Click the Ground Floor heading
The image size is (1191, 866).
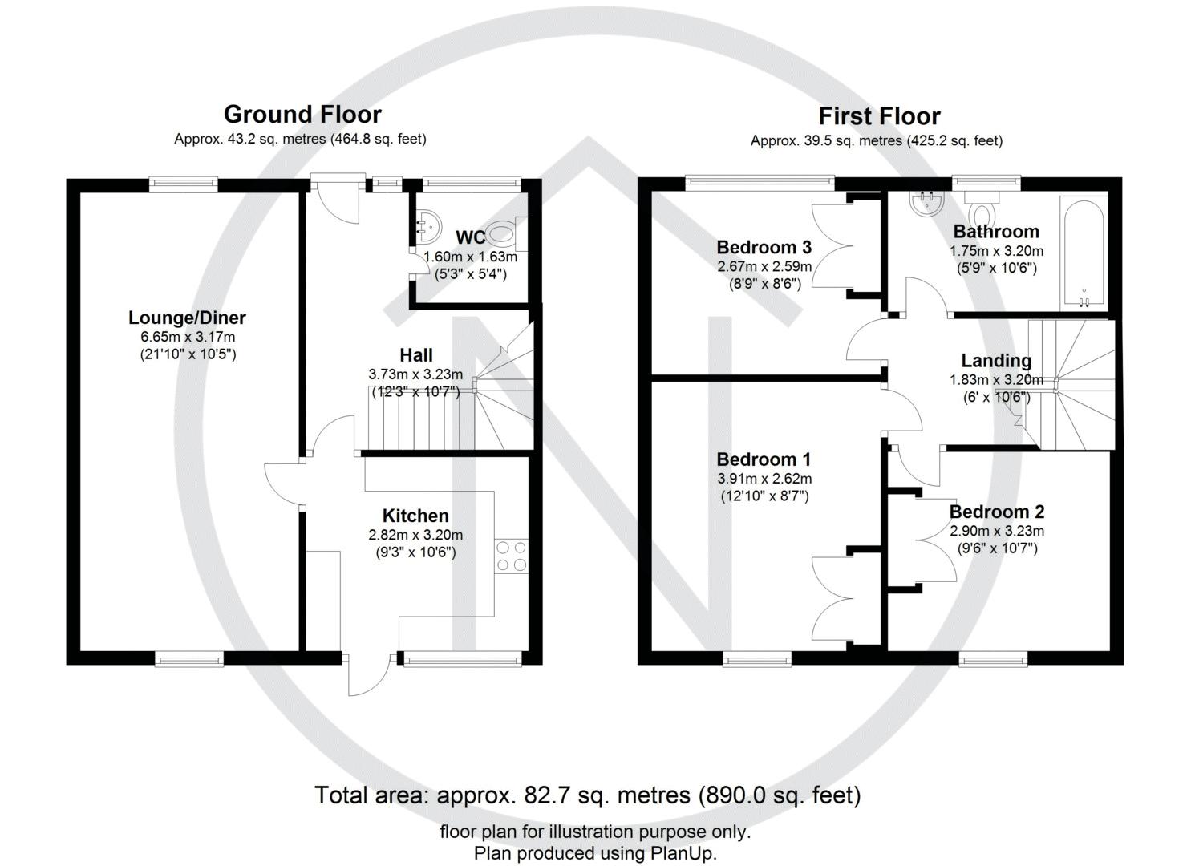point(302,115)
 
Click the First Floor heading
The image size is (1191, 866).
point(879,116)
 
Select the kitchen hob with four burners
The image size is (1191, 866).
point(511,556)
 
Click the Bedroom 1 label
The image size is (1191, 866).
point(764,459)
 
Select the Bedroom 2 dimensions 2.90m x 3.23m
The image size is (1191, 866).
point(996,531)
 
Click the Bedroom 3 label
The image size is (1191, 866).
point(764,247)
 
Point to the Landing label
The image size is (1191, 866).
point(996,361)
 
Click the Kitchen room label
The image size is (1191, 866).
point(415,516)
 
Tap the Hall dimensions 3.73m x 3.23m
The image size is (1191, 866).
point(415,374)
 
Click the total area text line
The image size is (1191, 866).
point(587,795)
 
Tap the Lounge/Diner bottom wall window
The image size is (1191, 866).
point(189,659)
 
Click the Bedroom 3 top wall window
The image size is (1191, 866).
point(760,183)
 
